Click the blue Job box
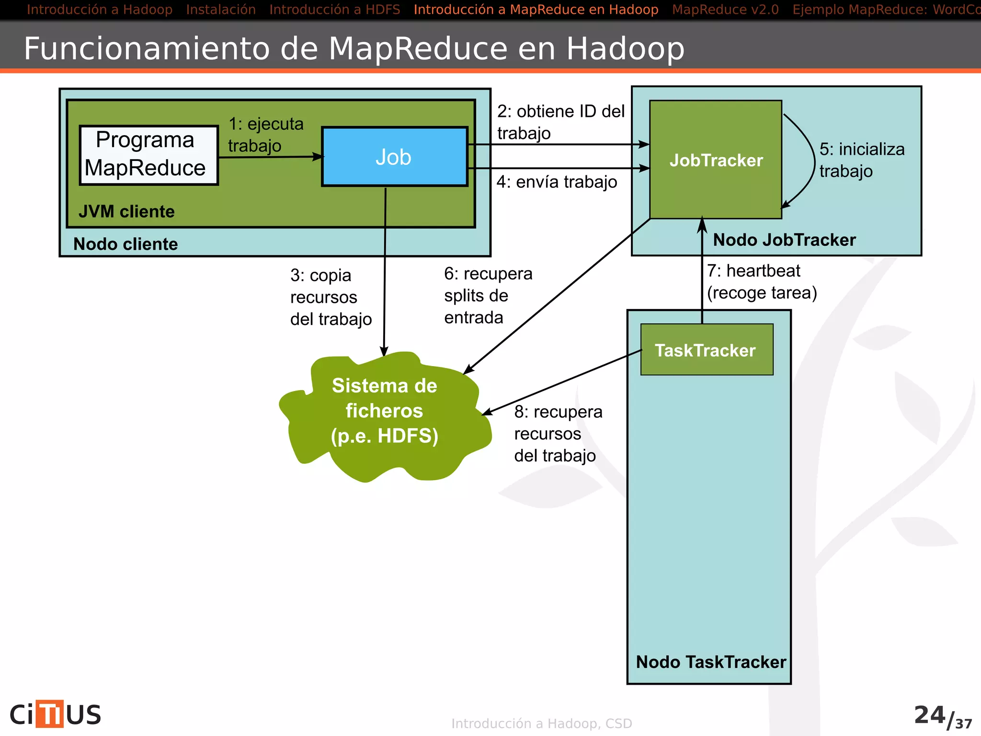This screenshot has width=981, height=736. [x=394, y=157]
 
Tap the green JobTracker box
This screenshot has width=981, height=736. [x=716, y=160]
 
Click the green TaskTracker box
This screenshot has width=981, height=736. [x=706, y=350]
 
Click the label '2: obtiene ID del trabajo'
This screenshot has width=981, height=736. [x=560, y=122]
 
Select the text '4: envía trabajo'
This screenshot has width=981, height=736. [x=557, y=182]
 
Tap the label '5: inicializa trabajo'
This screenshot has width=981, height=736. [x=861, y=160]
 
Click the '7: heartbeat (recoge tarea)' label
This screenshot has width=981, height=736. [x=762, y=282]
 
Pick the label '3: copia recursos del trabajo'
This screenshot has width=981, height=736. [x=331, y=297]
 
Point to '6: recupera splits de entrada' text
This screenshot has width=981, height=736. [x=488, y=296]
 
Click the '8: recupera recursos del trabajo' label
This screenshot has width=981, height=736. [x=558, y=434]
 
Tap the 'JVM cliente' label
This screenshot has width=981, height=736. [x=126, y=211]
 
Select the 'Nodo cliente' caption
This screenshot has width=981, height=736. [x=125, y=244]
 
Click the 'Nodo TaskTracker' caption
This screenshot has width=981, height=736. [x=711, y=662]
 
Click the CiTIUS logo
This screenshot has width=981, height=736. [x=56, y=714]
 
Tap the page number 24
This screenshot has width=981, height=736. [x=929, y=715]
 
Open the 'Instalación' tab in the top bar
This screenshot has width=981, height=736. [x=221, y=10]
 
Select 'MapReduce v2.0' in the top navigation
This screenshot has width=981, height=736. [x=725, y=10]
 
